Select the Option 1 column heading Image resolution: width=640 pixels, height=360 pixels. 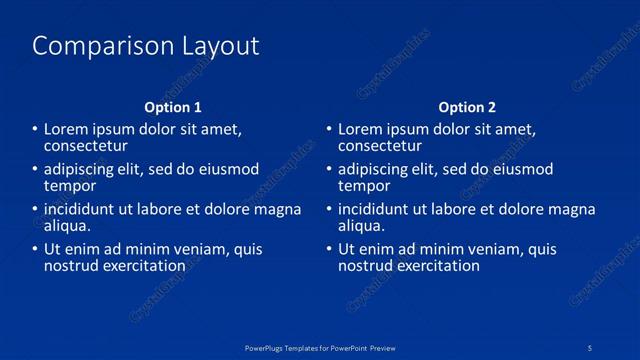tap(173, 107)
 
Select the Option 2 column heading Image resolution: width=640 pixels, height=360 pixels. tap(467, 107)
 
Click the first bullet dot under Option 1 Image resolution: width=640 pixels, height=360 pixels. tap(35, 130)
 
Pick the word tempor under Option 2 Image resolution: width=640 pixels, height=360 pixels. tap(364, 185)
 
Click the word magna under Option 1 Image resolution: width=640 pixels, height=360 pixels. tap(281, 210)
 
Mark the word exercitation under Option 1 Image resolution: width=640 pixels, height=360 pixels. tap(139, 265)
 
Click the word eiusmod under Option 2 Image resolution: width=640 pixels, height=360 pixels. tap(523, 170)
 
